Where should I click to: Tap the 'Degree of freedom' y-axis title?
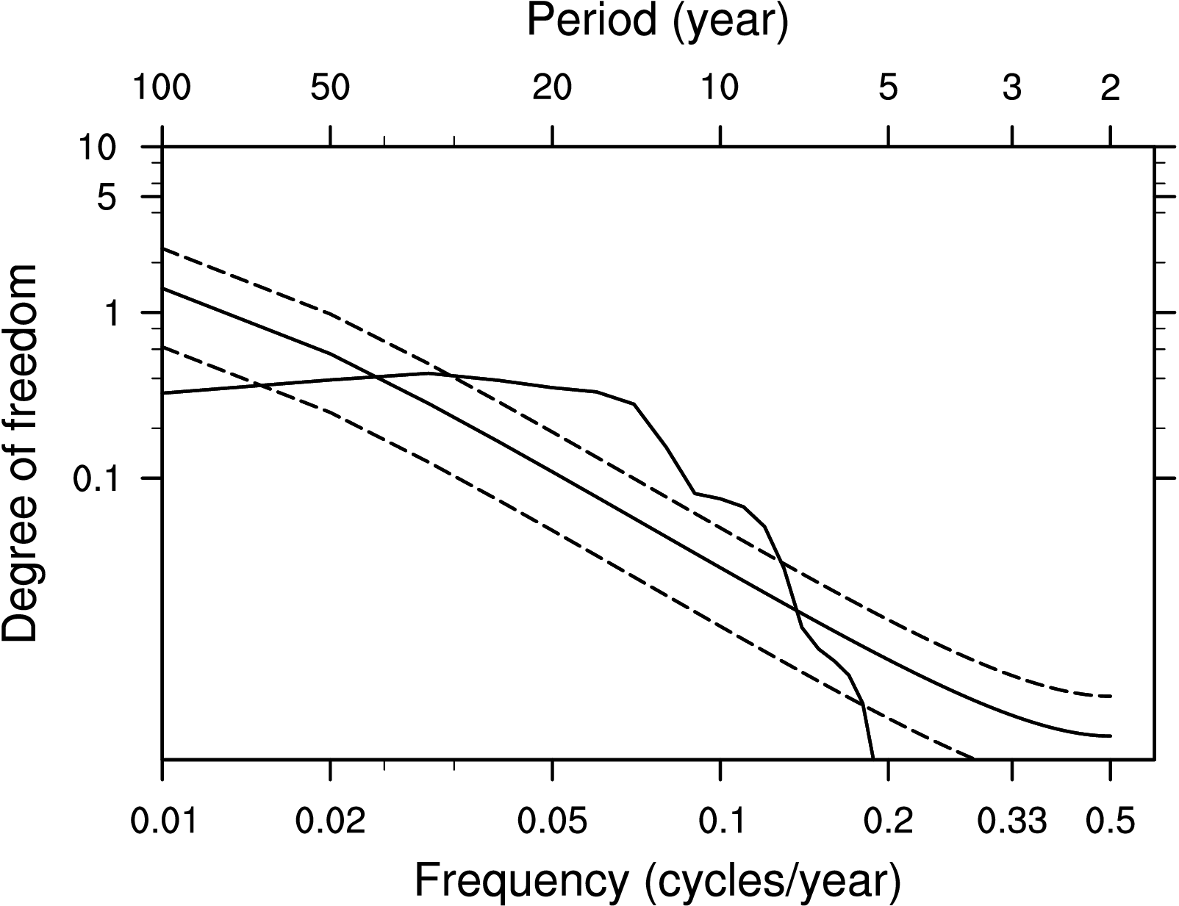(x=21, y=453)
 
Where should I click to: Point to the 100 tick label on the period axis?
(x=162, y=89)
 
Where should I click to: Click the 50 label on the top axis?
(x=330, y=89)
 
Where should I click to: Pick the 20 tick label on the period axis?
(x=552, y=89)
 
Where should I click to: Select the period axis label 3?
(x=1012, y=89)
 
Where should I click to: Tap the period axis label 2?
(x=1110, y=89)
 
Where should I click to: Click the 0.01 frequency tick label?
(x=163, y=821)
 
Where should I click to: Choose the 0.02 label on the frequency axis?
(x=331, y=821)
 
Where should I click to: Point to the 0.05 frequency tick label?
(x=553, y=821)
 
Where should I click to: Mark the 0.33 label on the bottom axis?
(x=1012, y=821)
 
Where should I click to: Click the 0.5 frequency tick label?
(x=1110, y=821)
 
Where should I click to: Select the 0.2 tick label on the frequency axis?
(x=889, y=821)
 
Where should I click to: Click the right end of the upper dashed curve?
(x=1111, y=695)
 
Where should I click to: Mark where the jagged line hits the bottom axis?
(x=873, y=758)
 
